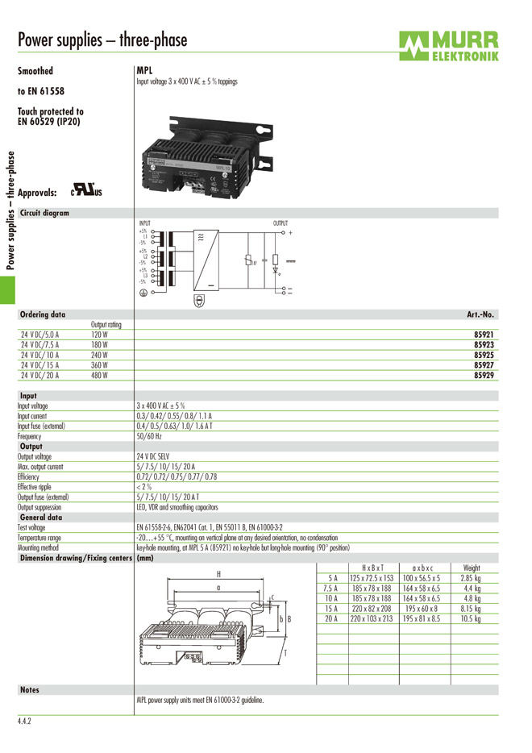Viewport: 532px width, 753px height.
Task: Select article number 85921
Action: pyautogui.click(x=483, y=335)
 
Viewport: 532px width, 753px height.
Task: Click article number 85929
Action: pyautogui.click(x=483, y=375)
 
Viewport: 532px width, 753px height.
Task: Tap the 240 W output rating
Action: pyautogui.click(x=100, y=355)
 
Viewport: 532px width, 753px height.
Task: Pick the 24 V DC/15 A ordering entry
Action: pyautogui.click(x=40, y=364)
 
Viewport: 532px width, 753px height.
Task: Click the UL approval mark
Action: pyautogui.click(x=83, y=192)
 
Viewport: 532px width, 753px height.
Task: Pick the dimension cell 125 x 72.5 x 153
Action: pyautogui.click(x=372, y=578)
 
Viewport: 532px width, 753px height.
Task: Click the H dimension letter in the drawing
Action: pyautogui.click(x=218, y=574)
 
